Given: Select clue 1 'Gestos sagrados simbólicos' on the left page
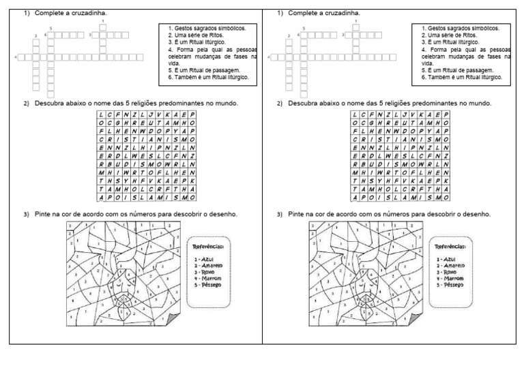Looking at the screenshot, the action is click(x=207, y=28).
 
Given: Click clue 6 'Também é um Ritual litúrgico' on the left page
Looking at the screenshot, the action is click(x=209, y=77).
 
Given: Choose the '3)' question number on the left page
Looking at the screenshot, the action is click(x=27, y=214).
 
